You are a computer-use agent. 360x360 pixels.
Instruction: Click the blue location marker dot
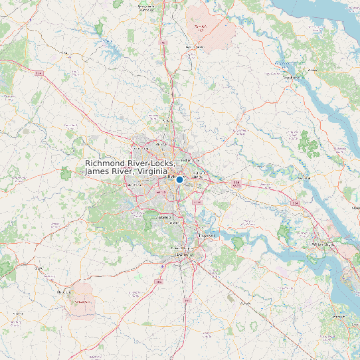tap(179, 179)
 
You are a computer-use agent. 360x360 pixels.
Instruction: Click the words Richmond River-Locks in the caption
tap(130, 163)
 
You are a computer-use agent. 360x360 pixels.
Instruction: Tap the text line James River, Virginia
tap(126, 172)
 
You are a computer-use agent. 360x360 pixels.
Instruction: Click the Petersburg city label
tap(183, 254)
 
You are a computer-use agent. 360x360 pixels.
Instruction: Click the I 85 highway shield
tap(158, 282)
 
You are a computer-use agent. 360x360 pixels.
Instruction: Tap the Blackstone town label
tap(64, 292)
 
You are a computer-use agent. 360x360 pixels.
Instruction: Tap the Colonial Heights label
tap(181, 248)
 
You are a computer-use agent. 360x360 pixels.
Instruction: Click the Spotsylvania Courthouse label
tap(150, 9)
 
